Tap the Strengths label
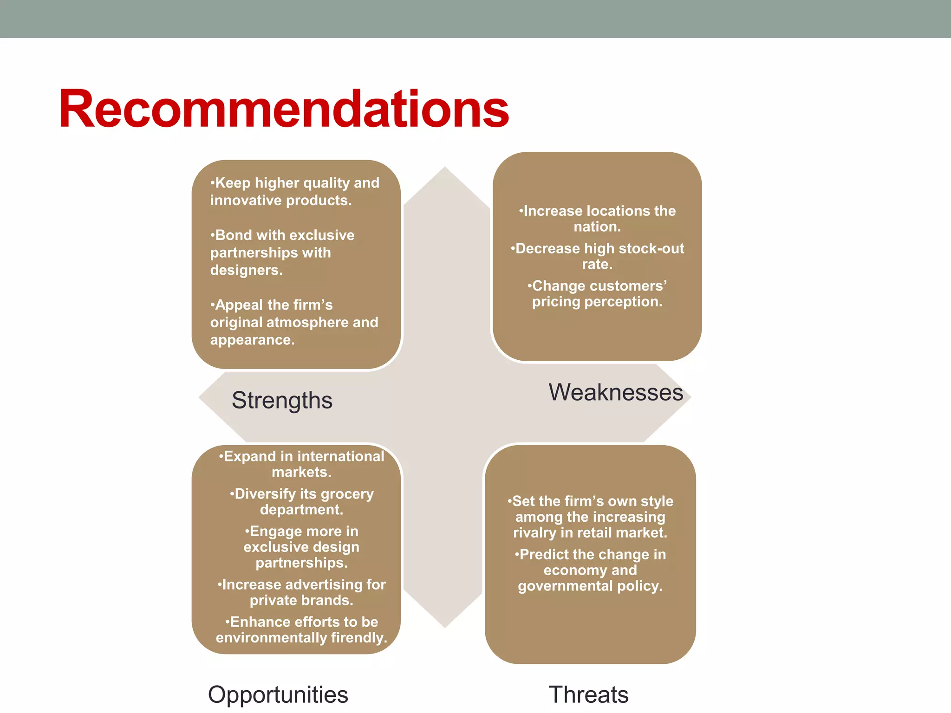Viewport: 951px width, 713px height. point(282,400)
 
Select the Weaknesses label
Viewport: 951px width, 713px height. point(616,392)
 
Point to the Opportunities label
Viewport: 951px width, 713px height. point(278,694)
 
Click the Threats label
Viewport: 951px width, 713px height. point(588,694)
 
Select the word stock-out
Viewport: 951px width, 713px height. point(656,248)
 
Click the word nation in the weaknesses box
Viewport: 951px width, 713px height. point(596,227)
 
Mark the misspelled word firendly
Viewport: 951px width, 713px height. point(358,638)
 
